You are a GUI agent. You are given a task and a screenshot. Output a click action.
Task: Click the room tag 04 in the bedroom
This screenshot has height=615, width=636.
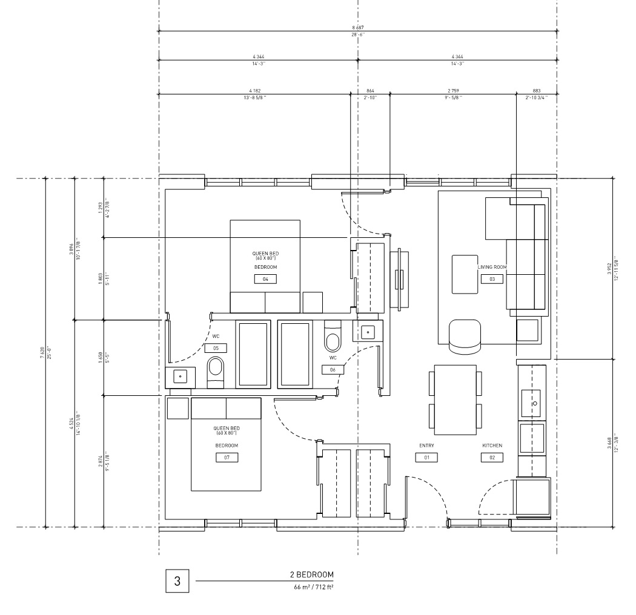coord(265,279)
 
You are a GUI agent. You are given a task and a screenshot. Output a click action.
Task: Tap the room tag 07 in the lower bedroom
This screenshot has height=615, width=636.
coord(227,457)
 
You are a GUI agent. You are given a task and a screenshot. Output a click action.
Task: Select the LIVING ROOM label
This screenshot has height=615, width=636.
coord(492,267)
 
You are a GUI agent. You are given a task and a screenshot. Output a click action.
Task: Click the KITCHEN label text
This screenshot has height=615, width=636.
coord(492,446)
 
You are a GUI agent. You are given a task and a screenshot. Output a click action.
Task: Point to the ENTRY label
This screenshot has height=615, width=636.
coord(426,446)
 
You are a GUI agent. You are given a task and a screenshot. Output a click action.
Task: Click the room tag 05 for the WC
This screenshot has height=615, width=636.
coord(216,348)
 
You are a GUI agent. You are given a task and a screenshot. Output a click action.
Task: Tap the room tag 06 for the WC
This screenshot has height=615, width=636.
coord(333,370)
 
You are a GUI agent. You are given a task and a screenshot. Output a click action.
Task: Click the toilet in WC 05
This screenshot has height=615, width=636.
coord(216,372)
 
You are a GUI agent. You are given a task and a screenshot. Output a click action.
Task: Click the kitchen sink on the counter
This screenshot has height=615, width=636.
coord(531,403)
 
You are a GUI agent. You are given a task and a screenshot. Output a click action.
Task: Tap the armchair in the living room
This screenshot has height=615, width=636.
coord(465,336)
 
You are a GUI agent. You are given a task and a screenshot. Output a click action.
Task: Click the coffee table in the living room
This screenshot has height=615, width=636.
coord(465,274)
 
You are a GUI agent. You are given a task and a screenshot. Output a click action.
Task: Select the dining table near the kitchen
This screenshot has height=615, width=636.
coord(455,400)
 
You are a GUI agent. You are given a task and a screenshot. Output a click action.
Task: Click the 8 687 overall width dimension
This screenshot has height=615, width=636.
coord(358,28)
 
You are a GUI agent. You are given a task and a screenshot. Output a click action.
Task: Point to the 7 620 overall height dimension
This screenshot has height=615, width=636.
coord(42,353)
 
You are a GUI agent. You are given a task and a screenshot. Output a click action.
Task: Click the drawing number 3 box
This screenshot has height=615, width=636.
coord(177,581)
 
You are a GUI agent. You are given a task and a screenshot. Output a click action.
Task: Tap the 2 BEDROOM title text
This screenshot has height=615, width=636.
coord(311,574)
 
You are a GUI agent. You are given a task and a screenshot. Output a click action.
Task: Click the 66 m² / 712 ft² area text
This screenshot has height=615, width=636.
coord(314,587)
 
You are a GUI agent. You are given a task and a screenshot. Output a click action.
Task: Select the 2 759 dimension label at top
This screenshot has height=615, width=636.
coord(453,91)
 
